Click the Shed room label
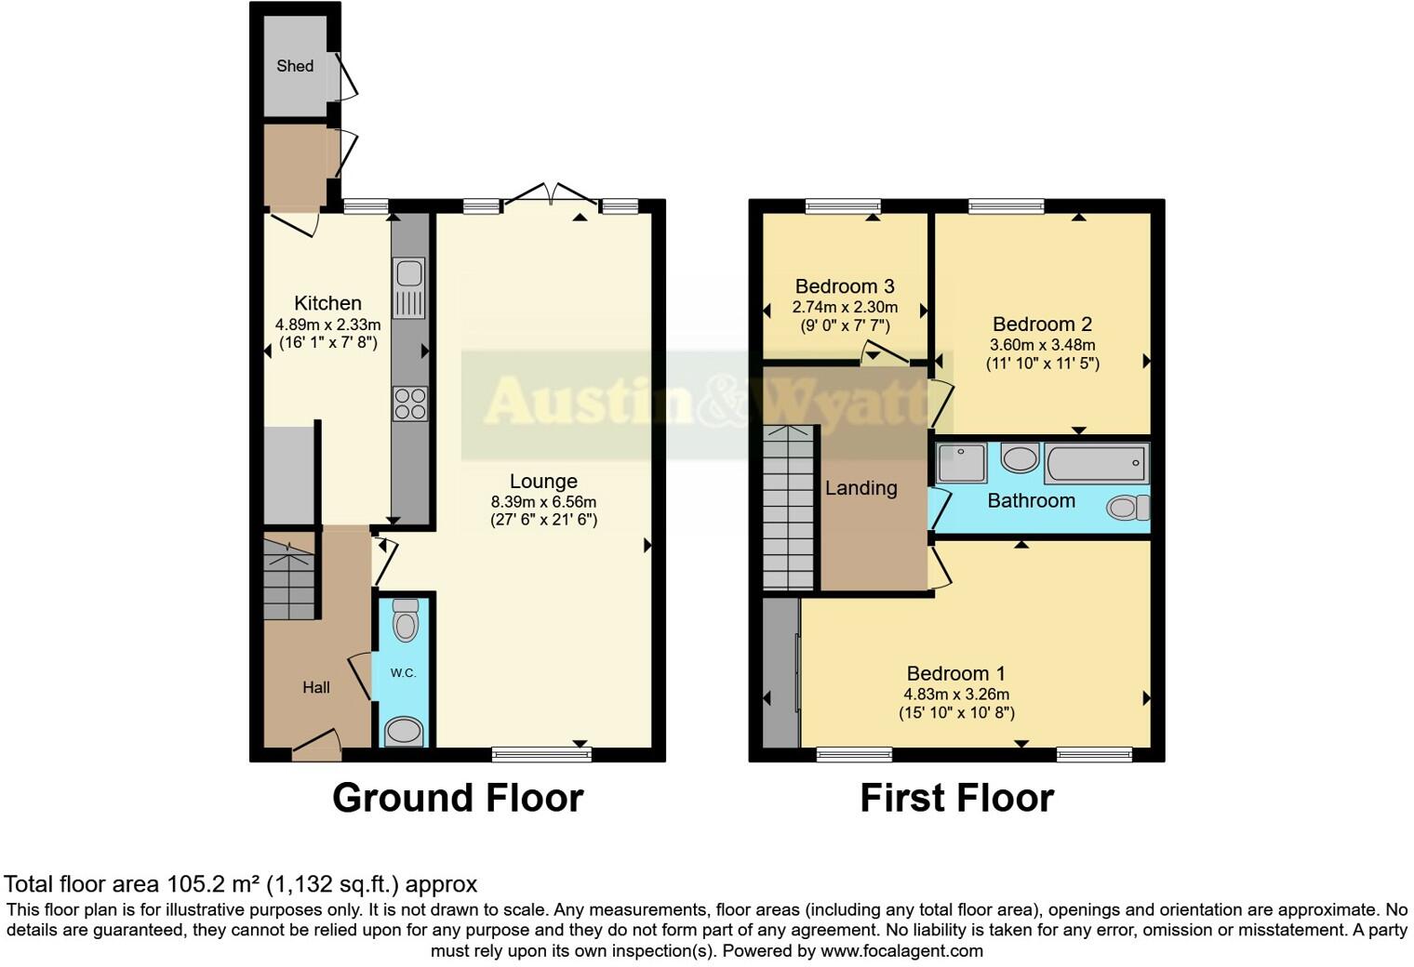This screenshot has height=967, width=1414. click(295, 66)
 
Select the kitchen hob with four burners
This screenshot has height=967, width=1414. click(410, 404)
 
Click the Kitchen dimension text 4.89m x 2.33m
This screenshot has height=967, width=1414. click(327, 325)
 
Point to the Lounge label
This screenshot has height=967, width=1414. click(543, 482)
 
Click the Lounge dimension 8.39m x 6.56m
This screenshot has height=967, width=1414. click(543, 502)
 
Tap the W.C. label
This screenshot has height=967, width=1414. click(403, 673)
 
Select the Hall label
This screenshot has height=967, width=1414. click(316, 688)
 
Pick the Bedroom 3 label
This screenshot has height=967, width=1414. click(845, 286)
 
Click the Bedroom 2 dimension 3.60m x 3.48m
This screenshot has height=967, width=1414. click(1042, 345)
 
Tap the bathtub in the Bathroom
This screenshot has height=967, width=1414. click(1096, 462)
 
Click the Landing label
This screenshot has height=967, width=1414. click(861, 488)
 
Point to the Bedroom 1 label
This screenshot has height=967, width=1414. click(956, 673)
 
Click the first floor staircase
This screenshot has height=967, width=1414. click(789, 507)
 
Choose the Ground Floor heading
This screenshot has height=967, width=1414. click(458, 799)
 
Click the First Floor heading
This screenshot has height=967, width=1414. click(956, 799)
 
